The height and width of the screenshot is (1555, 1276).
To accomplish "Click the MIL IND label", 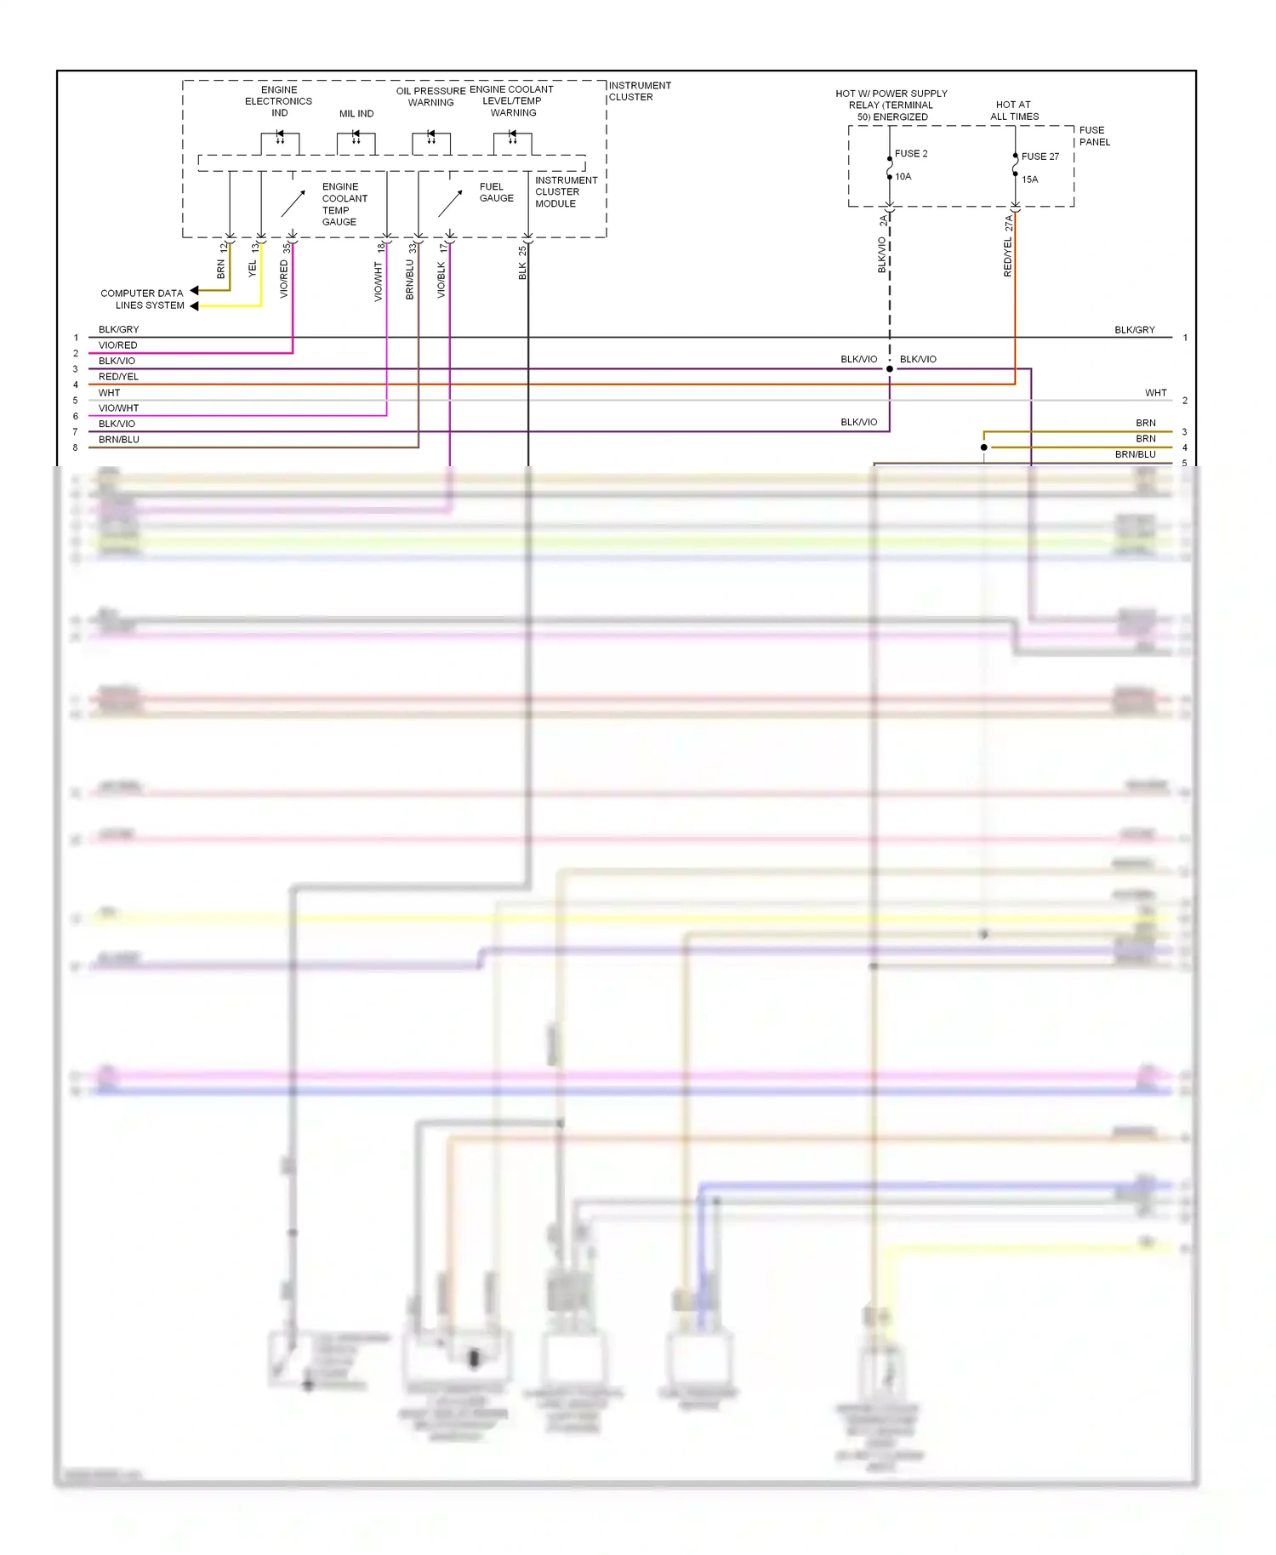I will click(x=356, y=114).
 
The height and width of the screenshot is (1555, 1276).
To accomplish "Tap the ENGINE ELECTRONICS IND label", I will click(x=279, y=101).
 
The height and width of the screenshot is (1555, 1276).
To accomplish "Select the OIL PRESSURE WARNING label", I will click(x=430, y=97).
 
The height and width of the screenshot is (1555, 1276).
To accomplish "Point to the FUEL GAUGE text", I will click(x=497, y=192).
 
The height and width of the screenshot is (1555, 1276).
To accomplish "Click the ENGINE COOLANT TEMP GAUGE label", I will click(x=345, y=204).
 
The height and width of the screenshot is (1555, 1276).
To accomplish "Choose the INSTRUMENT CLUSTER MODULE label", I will click(x=566, y=192).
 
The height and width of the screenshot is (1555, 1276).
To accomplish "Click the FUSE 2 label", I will click(x=911, y=154).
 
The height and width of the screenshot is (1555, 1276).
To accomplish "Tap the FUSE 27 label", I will click(x=1040, y=157).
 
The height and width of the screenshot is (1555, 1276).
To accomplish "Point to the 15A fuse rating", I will click(x=1029, y=179).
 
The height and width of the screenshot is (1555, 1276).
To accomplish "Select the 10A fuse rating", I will click(x=903, y=177).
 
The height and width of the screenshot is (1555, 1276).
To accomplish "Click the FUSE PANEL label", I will click(x=1094, y=136).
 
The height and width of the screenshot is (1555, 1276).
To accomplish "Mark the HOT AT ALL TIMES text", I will click(x=1014, y=111).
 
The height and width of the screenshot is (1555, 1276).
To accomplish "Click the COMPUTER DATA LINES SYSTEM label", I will click(x=142, y=299).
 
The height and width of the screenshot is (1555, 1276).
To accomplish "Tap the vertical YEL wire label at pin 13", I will click(x=252, y=269).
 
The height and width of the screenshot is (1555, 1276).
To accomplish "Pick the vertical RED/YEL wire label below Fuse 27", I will click(x=1008, y=257).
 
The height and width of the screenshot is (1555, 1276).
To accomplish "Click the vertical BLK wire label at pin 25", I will click(x=522, y=271).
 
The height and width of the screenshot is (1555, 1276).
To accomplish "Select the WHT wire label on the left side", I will click(x=109, y=393).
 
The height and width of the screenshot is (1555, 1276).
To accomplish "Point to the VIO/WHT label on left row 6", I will click(x=118, y=408).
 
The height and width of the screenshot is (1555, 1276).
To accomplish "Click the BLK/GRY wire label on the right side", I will click(x=1135, y=330).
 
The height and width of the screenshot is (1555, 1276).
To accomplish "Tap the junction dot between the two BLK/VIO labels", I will click(x=890, y=369).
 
